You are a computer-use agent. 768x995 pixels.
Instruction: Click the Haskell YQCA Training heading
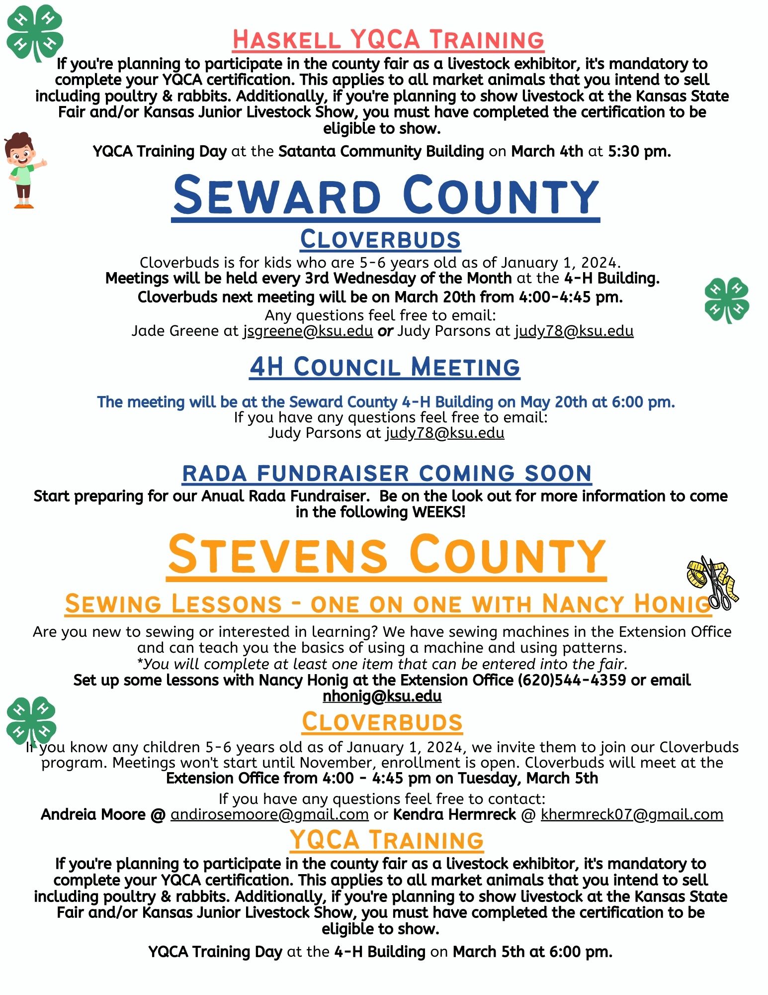388,40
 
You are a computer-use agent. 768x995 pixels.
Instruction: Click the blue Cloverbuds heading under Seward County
380,239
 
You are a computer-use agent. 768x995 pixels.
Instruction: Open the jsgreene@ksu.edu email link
308,331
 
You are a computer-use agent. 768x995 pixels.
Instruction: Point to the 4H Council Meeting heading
385,367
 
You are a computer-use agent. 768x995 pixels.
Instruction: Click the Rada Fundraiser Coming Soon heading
387,473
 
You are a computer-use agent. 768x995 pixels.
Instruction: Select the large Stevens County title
387,555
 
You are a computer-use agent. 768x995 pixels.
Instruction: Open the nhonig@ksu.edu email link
382,696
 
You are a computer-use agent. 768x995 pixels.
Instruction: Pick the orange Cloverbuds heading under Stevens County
382,722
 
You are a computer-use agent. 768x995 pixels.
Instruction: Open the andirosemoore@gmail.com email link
269,814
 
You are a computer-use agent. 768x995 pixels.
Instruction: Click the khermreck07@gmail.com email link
632,814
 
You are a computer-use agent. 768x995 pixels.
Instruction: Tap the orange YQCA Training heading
387,840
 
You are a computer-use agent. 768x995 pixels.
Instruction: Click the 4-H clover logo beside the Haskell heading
34,32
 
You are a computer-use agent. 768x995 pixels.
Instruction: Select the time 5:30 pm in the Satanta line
639,151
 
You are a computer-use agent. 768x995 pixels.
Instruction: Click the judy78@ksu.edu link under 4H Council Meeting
445,433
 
